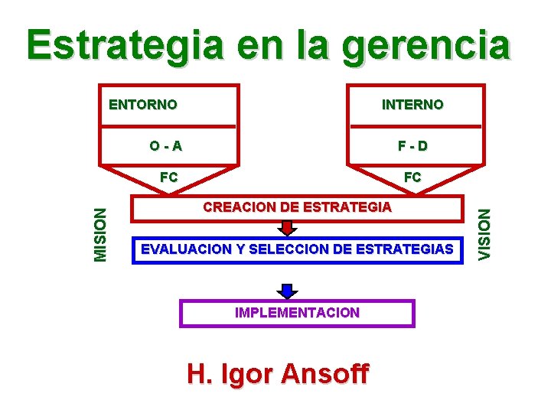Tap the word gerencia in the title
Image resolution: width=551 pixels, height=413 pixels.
tap(426, 47)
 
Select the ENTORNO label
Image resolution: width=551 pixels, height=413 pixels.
tap(143, 104)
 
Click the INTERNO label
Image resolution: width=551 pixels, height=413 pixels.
tap(412, 104)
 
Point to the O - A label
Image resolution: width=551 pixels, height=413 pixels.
tap(166, 145)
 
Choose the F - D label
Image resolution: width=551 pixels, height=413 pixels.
tap(412, 145)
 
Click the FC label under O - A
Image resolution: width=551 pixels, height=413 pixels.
tap(168, 177)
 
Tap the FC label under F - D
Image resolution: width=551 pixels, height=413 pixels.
tap(412, 177)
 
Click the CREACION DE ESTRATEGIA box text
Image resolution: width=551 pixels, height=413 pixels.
tap(297, 207)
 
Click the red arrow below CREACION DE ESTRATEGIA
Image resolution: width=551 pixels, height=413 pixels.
tap(287, 228)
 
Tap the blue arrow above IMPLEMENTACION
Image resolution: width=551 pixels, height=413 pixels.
tap(287, 291)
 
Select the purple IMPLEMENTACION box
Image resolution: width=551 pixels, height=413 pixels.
tap(297, 313)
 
